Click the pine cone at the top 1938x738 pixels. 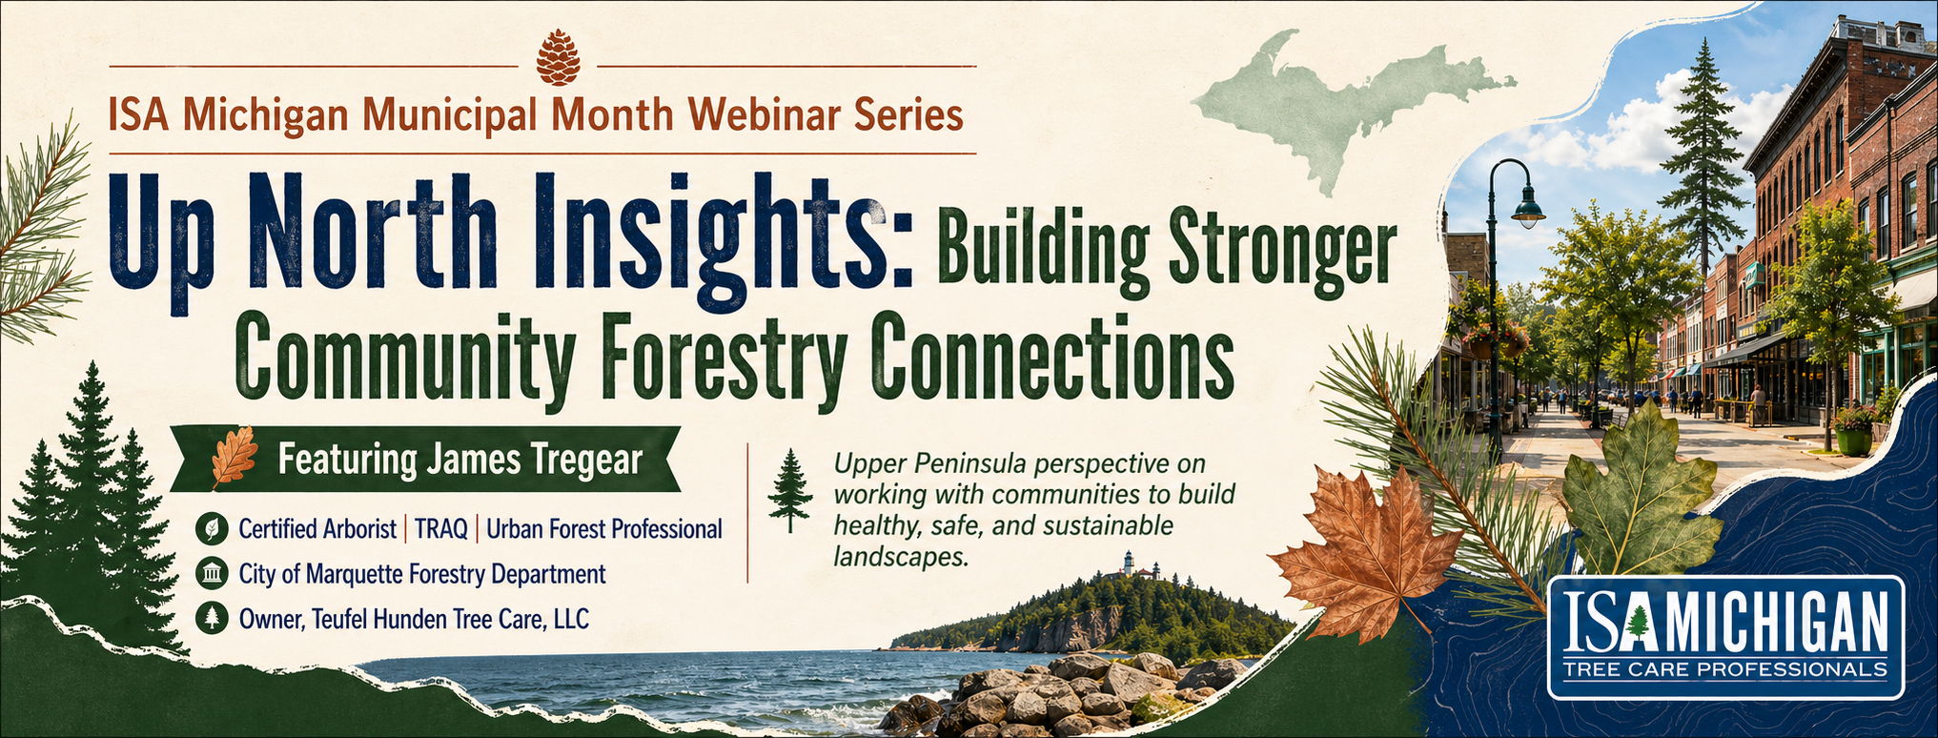point(559,57)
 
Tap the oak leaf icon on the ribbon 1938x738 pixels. point(234,457)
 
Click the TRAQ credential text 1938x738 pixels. point(440,529)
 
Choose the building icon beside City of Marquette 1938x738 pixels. point(211,574)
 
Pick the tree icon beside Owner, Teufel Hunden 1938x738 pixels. point(211,619)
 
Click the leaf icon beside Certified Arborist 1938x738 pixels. point(211,529)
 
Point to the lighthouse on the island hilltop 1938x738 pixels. point(1128,564)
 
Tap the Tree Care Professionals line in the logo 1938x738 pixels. point(1725,669)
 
